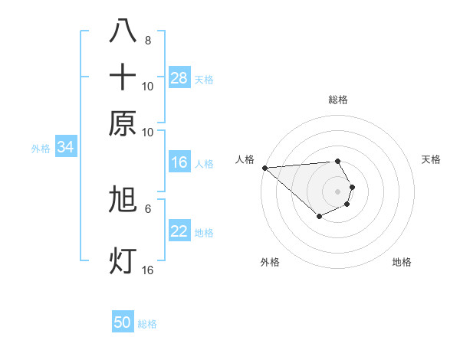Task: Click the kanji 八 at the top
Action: [123, 31]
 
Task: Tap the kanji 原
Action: [123, 123]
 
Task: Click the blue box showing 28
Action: [179, 78]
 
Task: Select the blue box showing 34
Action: [65, 148]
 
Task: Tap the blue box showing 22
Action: [179, 232]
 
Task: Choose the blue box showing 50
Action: [123, 323]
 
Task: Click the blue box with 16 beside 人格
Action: [179, 162]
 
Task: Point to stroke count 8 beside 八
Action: [148, 40]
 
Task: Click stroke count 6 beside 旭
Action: [148, 208]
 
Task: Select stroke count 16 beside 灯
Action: [148, 270]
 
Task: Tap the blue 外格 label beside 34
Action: [40, 149]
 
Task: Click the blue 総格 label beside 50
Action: [147, 324]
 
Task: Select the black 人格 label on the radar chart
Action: [245, 159]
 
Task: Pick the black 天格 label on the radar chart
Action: [431, 159]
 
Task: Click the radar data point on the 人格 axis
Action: [264, 167]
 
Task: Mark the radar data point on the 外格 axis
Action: [319, 218]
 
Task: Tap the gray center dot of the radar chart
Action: [337, 191]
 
